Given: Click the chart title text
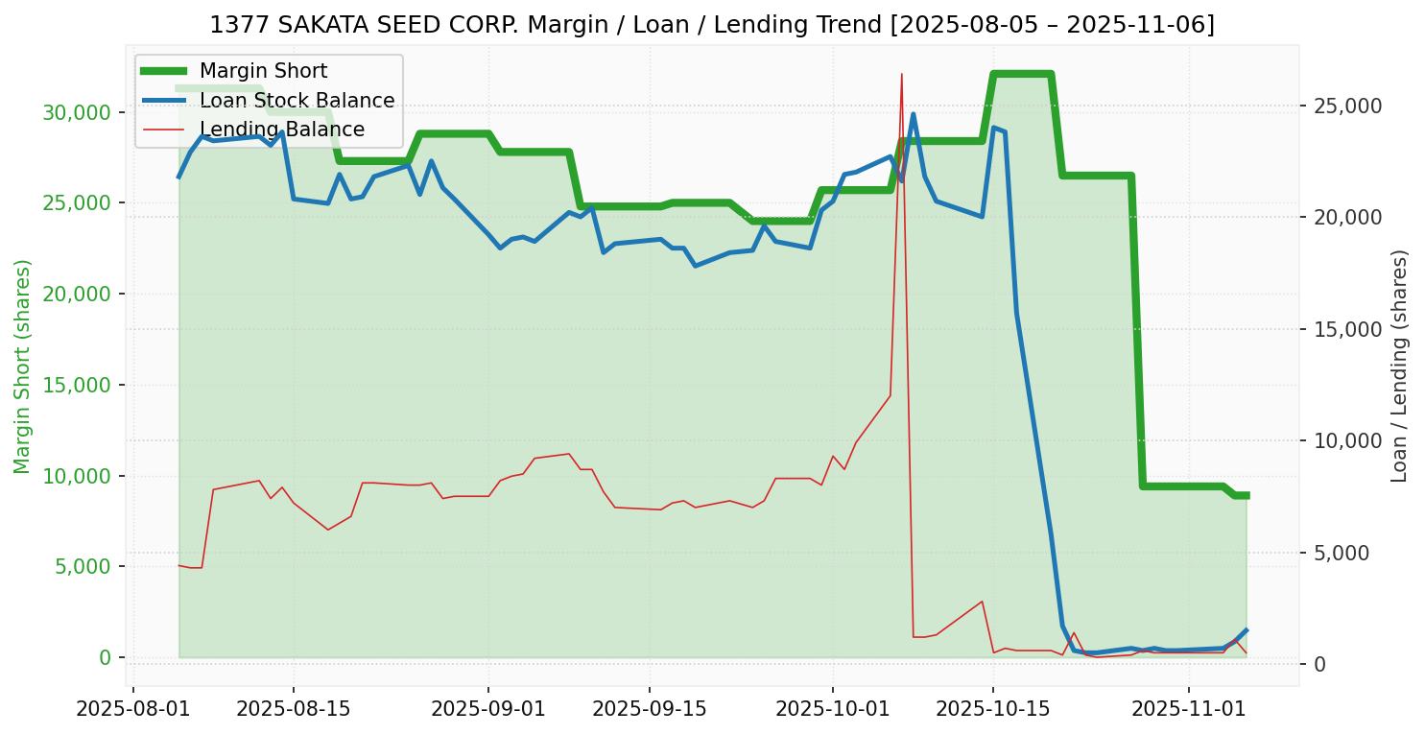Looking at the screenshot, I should click(x=712, y=25).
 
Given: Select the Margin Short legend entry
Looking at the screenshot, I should click(x=263, y=71).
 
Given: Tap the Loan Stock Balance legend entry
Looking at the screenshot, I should click(x=297, y=101).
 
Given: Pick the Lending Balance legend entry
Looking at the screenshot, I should click(x=281, y=130).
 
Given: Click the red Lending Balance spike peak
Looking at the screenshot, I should click(x=902, y=74).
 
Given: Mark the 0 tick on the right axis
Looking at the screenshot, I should click(x=1319, y=664).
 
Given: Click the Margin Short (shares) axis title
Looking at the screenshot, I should click(x=23, y=366).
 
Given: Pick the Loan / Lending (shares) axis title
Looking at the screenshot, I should click(x=1399, y=366).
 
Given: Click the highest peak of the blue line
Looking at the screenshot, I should click(x=913, y=114).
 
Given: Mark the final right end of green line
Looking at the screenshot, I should click(x=1246, y=495).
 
